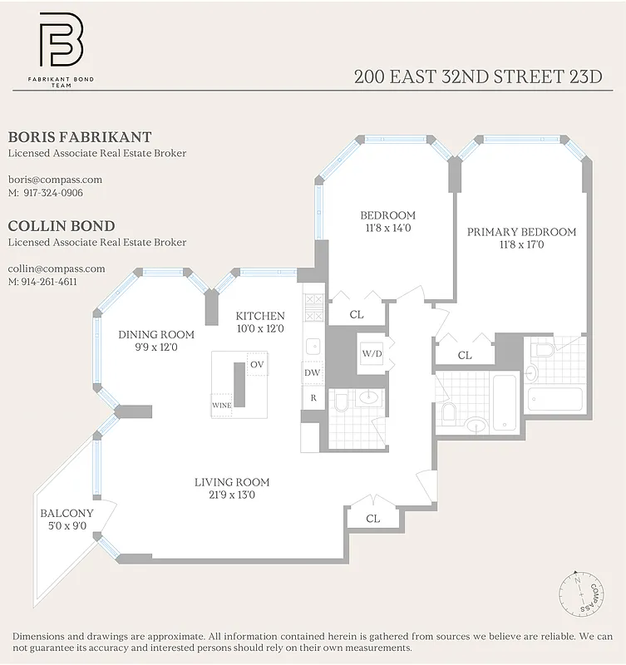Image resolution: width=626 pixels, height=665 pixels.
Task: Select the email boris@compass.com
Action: (55, 179)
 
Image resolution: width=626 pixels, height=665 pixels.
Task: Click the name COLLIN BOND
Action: (62, 226)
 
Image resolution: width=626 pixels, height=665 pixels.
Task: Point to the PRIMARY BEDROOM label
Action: (521, 232)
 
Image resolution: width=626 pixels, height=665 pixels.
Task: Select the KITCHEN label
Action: (260, 316)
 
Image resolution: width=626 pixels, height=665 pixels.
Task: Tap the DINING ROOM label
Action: (156, 334)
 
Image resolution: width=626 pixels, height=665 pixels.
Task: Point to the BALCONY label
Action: (67, 513)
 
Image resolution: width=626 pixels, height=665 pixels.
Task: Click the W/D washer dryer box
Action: (372, 354)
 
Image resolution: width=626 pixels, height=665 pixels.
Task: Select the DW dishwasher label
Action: (313, 372)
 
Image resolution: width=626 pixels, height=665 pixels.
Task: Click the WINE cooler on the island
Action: (221, 405)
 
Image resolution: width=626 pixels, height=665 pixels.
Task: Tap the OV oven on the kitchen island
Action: (258, 364)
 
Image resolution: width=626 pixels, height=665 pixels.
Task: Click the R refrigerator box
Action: (313, 398)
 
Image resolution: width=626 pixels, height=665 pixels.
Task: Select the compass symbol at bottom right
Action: (581, 594)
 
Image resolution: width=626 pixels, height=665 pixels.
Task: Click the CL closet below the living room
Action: (373, 518)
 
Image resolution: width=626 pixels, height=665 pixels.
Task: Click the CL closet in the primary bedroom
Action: (465, 355)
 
